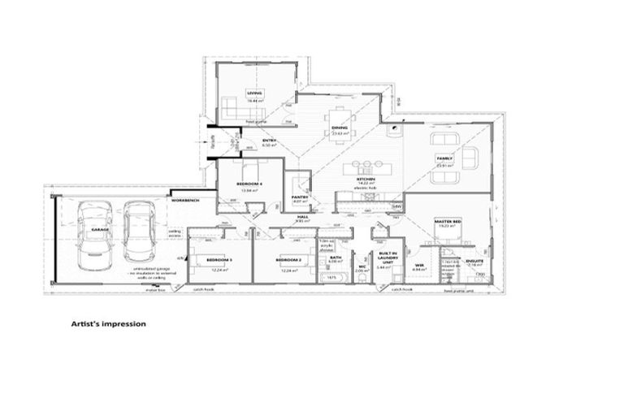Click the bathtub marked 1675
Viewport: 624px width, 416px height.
coord(331,278)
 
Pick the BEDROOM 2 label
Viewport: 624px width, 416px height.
coord(288,259)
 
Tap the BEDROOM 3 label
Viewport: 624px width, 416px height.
coord(219,259)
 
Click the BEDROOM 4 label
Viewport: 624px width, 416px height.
coord(249,184)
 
